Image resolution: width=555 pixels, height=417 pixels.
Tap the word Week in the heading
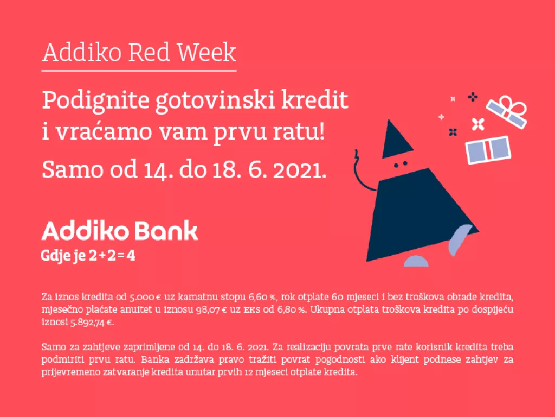coord(209,53)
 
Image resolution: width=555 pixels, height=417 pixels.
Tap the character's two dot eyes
coord(400,164)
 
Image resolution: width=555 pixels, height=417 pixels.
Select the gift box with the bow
coord(507,112)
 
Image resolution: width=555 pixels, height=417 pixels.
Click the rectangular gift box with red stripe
coord(488,150)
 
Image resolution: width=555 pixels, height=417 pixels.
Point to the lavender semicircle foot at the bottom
coord(420,261)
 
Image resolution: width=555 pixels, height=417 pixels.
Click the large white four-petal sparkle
coord(477,124)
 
